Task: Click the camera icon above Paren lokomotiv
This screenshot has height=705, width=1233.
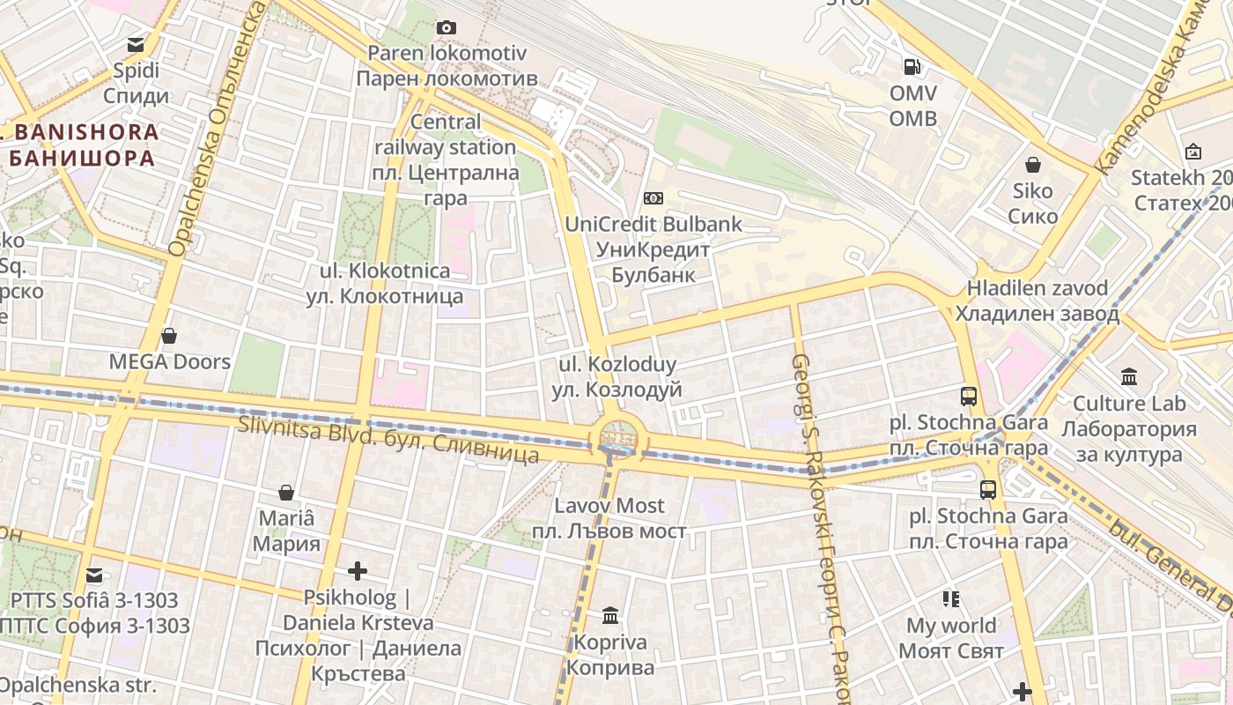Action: pos(447,28)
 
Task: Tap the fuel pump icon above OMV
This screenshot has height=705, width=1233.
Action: pos(912,66)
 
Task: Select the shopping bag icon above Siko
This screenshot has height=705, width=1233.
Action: pos(1032,165)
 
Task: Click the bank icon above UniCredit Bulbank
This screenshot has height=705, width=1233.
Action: pos(653,198)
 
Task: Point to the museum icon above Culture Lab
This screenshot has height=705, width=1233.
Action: pos(1129,377)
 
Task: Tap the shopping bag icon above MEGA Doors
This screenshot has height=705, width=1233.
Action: pos(169,336)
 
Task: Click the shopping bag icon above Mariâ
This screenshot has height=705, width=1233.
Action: pos(286,493)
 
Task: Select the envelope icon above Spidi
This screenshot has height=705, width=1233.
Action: pos(136,44)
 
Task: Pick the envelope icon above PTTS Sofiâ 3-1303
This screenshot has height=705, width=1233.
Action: pos(94,575)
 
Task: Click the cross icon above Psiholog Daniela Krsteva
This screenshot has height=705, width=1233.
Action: pos(357,572)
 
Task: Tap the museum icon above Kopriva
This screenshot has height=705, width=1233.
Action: pos(610,615)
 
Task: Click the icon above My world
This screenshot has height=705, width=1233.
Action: pos(951,599)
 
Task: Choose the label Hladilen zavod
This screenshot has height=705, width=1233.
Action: pos(1037,301)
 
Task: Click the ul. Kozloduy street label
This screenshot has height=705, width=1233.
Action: pos(617,377)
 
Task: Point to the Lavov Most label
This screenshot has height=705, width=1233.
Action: pos(609,518)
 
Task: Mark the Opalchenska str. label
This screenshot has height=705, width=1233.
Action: pos(78,686)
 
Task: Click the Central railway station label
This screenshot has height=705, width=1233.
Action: pos(446,160)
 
